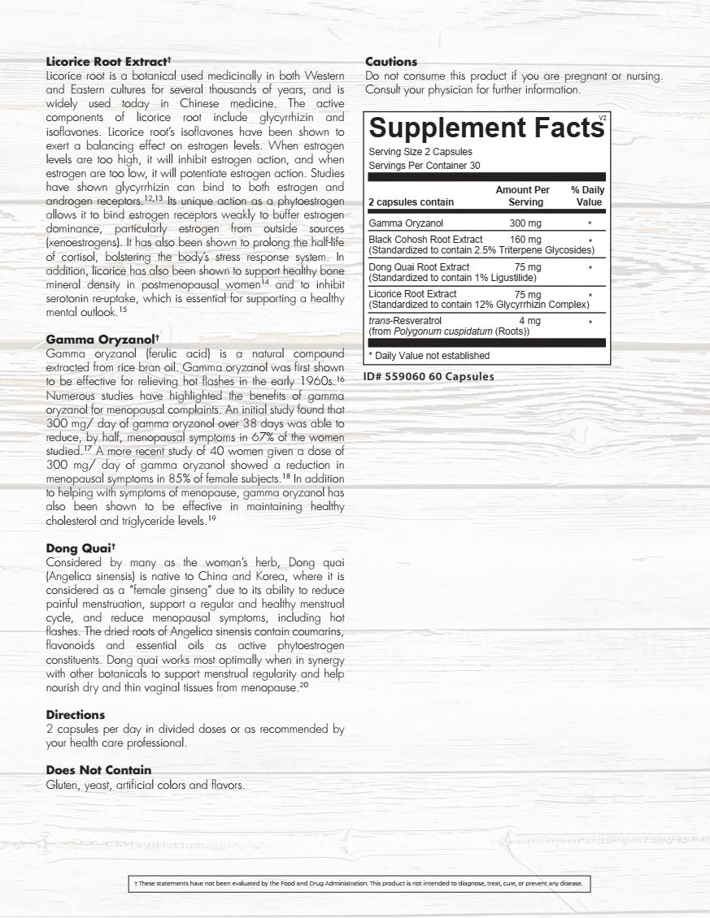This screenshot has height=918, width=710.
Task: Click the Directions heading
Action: pyautogui.click(x=76, y=715)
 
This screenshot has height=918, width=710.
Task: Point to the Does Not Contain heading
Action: pyautogui.click(x=98, y=770)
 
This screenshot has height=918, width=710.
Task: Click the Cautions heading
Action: pyautogui.click(x=391, y=61)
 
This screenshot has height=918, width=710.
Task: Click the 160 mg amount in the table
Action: pyautogui.click(x=525, y=240)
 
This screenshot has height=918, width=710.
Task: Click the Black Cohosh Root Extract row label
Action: pyautogui.click(x=425, y=240)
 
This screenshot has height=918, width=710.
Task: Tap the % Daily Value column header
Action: pyautogui.click(x=587, y=196)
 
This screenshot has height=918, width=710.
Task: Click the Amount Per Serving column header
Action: pyautogui.click(x=523, y=196)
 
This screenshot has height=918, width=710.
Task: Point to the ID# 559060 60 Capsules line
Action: pyautogui.click(x=429, y=376)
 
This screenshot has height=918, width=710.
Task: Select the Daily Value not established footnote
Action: pyautogui.click(x=429, y=355)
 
